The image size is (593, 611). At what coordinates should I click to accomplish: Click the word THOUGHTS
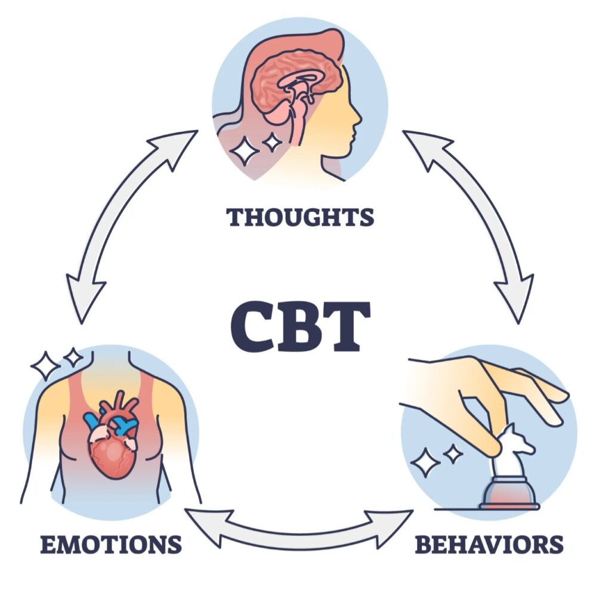(x=300, y=217)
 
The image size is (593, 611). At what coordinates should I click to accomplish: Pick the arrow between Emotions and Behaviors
(x=299, y=527)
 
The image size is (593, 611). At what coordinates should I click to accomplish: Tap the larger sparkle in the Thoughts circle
(x=245, y=150)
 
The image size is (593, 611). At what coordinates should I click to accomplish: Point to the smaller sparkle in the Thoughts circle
(x=273, y=142)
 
